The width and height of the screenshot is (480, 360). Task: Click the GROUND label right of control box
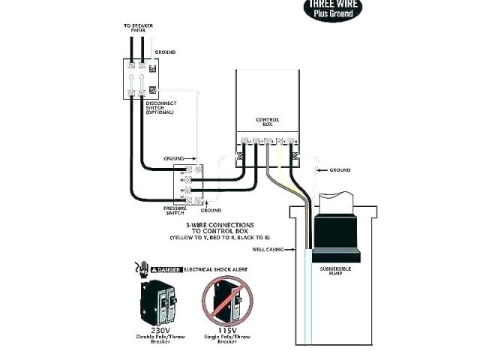pos(340,170)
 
